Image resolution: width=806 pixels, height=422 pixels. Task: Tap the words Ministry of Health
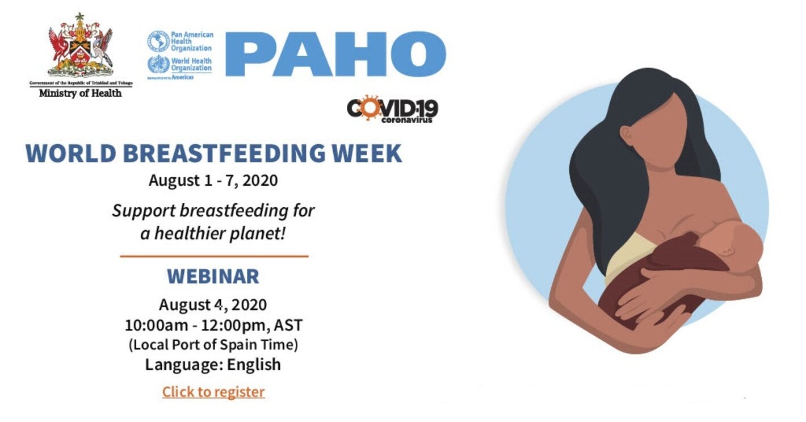pyautogui.click(x=80, y=93)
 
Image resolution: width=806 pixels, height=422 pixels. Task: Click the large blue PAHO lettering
pyautogui.click(x=335, y=54)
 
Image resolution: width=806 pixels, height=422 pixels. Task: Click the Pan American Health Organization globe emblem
pyautogui.click(x=158, y=41)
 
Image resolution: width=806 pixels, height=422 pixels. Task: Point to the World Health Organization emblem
pyautogui.click(x=158, y=65)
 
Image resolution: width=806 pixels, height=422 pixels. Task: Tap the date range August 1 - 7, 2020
pyautogui.click(x=213, y=181)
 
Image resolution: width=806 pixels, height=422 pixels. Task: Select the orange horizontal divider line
pyautogui.click(x=214, y=256)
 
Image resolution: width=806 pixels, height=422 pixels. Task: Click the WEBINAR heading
pyautogui.click(x=213, y=277)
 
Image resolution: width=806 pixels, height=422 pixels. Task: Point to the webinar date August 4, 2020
pyautogui.click(x=213, y=305)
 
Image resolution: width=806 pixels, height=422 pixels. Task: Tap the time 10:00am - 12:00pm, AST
pyautogui.click(x=213, y=325)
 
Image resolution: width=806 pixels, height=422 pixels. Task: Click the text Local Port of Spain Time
pyautogui.click(x=213, y=345)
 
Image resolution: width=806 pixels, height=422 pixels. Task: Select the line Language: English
pyautogui.click(x=213, y=364)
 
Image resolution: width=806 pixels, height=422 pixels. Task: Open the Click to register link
pyautogui.click(x=213, y=392)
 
